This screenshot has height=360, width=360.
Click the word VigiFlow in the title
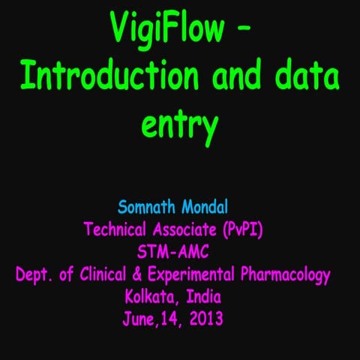coord(166,29)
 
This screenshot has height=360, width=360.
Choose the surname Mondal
coord(212,206)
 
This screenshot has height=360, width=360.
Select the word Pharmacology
coord(289,274)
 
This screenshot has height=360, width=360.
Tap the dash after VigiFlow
coord(244,29)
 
